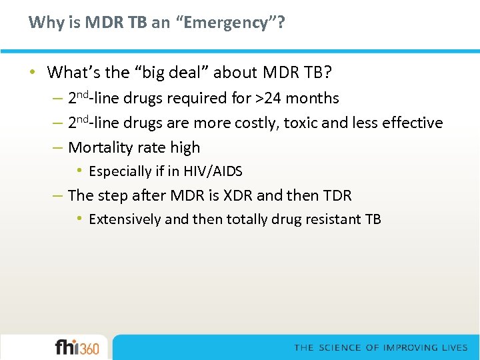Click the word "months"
click(313, 99)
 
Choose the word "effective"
click(411, 123)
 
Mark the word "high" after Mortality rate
click(186, 147)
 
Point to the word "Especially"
click(121, 171)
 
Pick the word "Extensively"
click(125, 219)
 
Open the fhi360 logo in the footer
click(77, 347)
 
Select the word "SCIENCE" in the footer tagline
click(340, 347)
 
